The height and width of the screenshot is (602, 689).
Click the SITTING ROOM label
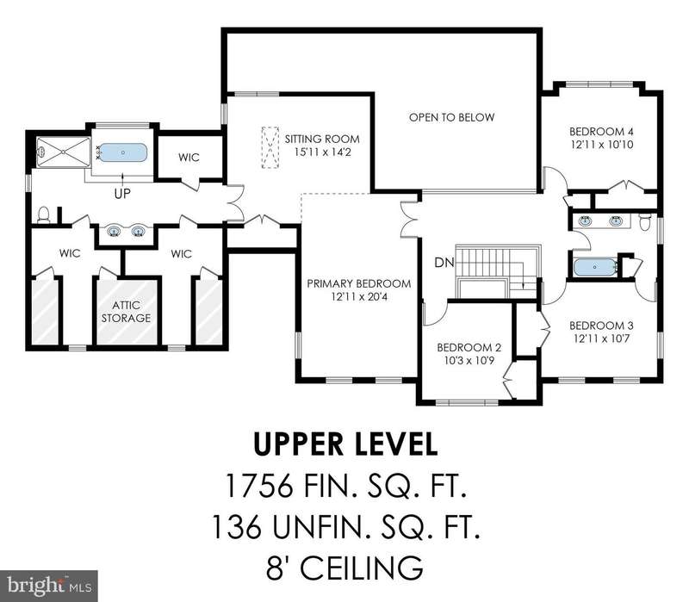coord(322,140)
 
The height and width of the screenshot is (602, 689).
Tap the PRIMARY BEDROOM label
coord(359,284)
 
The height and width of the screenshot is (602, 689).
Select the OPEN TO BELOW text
coord(451,117)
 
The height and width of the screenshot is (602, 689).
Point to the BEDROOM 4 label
coord(601,132)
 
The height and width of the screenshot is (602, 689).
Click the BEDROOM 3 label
coord(601,326)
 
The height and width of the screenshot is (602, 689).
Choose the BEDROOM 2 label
coord(469,348)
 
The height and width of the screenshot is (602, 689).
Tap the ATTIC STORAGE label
coord(126,312)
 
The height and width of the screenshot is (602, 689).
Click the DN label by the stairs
coord(444,263)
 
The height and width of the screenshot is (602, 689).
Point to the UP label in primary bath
coord(122,194)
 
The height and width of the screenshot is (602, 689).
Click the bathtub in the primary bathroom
coord(122,152)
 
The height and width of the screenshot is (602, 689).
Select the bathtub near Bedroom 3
coord(595,267)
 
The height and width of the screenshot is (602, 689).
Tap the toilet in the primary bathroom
coord(44,214)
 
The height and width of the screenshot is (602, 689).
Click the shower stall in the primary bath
coord(63,152)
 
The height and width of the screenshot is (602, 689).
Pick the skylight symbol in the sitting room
coord(270,147)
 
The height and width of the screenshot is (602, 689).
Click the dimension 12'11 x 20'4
coord(359,297)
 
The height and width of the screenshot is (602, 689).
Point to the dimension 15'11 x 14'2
coord(322,152)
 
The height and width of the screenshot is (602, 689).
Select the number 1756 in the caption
coord(258,485)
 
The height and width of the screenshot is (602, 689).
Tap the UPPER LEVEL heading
coord(345,444)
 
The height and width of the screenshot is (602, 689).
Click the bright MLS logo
coord(49,586)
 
